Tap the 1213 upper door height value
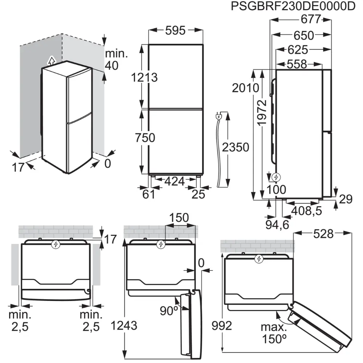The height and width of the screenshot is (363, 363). pyautogui.click(x=144, y=77)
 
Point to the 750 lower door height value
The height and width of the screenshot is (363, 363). pyautogui.click(x=144, y=138)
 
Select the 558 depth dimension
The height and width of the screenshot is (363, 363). pyautogui.click(x=296, y=64)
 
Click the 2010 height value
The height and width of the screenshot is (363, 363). pyautogui.click(x=246, y=87)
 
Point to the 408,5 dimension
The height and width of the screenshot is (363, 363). pyautogui.click(x=306, y=211)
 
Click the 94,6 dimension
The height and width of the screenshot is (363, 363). pyautogui.click(x=277, y=225)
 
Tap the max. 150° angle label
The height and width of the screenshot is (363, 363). pyautogui.click(x=273, y=333)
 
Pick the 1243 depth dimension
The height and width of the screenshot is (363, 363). pyautogui.click(x=125, y=326)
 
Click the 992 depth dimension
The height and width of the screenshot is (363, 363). pyautogui.click(x=222, y=326)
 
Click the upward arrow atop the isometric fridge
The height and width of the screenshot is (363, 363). pyautogui.click(x=52, y=60)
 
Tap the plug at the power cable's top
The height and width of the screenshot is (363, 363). pyautogui.click(x=220, y=117)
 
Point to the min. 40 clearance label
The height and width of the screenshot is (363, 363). pyautogui.click(x=117, y=59)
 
